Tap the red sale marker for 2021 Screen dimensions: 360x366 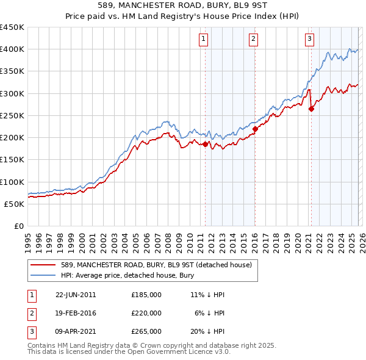(x=311, y=109)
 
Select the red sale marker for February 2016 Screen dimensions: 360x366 (x=255, y=129)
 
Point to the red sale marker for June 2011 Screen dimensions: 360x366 (x=205, y=145)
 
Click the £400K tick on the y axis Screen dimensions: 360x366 (x=12, y=49)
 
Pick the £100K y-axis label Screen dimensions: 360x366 (x=12, y=182)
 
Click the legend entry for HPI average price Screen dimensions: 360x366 (x=127, y=275)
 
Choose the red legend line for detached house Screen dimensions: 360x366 (x=44, y=264)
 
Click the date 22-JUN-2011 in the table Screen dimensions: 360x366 (x=76, y=295)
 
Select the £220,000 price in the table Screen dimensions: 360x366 (x=146, y=313)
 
